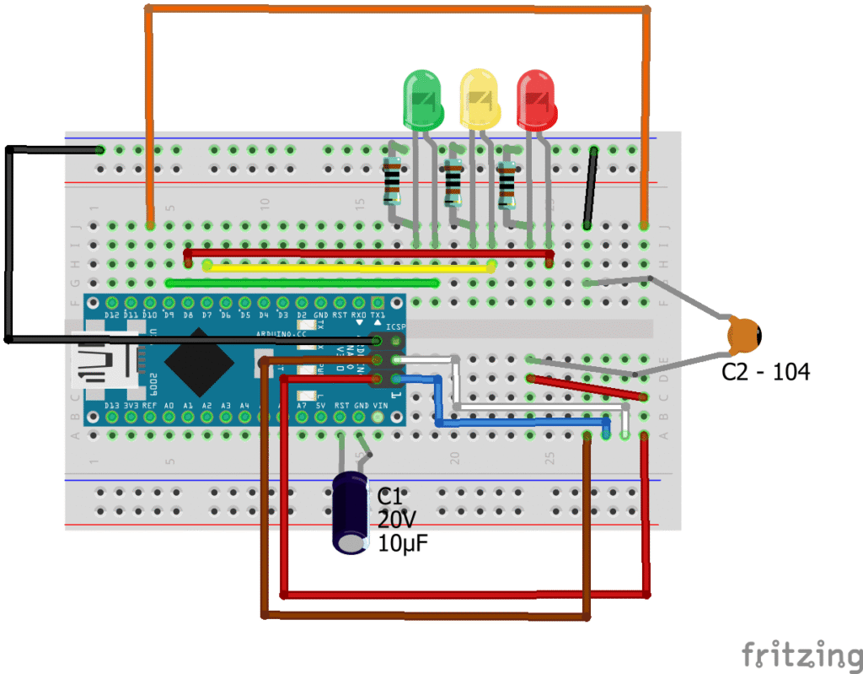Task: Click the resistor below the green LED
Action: [392, 181]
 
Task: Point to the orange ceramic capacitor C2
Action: [745, 334]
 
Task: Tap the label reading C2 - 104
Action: [765, 372]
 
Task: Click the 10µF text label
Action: [403, 544]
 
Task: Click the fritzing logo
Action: [801, 655]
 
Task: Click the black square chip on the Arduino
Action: [199, 361]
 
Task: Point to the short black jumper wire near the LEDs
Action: [591, 188]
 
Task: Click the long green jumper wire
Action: [303, 283]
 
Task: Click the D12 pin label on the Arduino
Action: [112, 315]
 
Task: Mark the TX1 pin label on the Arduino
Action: [378, 315]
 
